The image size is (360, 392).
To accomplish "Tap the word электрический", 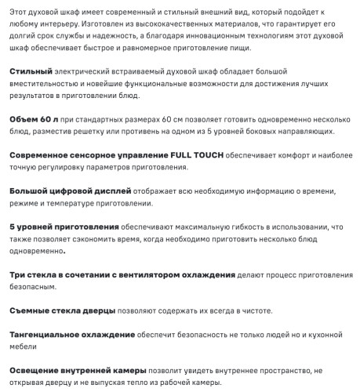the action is tap(84, 71).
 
